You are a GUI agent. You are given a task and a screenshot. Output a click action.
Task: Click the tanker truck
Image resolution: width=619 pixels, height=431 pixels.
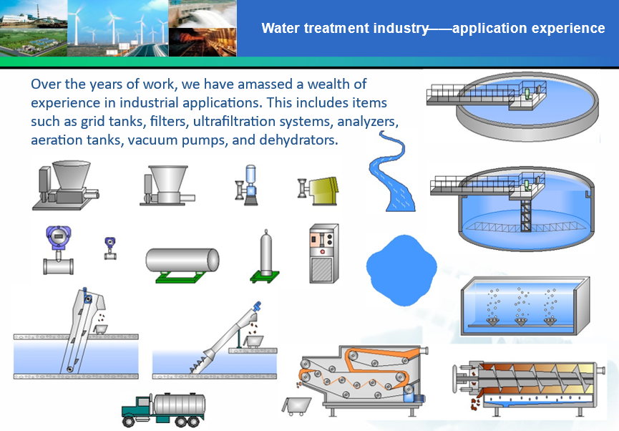[x=163, y=410]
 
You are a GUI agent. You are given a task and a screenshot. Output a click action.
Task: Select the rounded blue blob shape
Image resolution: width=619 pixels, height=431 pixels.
[x=401, y=270]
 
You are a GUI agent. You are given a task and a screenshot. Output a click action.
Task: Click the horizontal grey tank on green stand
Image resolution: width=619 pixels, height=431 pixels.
[x=182, y=265]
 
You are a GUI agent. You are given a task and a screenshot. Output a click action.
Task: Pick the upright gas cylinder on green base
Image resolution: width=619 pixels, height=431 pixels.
[x=265, y=257]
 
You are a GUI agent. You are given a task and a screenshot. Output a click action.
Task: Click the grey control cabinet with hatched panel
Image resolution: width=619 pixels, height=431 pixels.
[x=323, y=253]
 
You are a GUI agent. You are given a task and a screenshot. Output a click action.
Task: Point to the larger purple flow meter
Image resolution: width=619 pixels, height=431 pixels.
[x=59, y=250]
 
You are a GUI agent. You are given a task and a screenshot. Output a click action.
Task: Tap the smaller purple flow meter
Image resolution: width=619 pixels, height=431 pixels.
[x=110, y=248]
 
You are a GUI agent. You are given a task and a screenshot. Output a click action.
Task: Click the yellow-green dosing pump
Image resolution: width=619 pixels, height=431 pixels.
[x=318, y=191]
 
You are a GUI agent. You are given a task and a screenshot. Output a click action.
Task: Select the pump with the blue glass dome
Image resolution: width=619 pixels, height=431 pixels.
[x=247, y=185]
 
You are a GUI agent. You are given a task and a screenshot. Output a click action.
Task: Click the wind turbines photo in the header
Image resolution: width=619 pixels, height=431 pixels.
[x=117, y=28]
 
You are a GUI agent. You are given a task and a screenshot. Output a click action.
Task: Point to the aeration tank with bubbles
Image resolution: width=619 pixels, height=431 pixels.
[x=525, y=305]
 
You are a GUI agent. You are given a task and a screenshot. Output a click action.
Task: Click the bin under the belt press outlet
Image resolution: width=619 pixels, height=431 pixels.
[x=296, y=406]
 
